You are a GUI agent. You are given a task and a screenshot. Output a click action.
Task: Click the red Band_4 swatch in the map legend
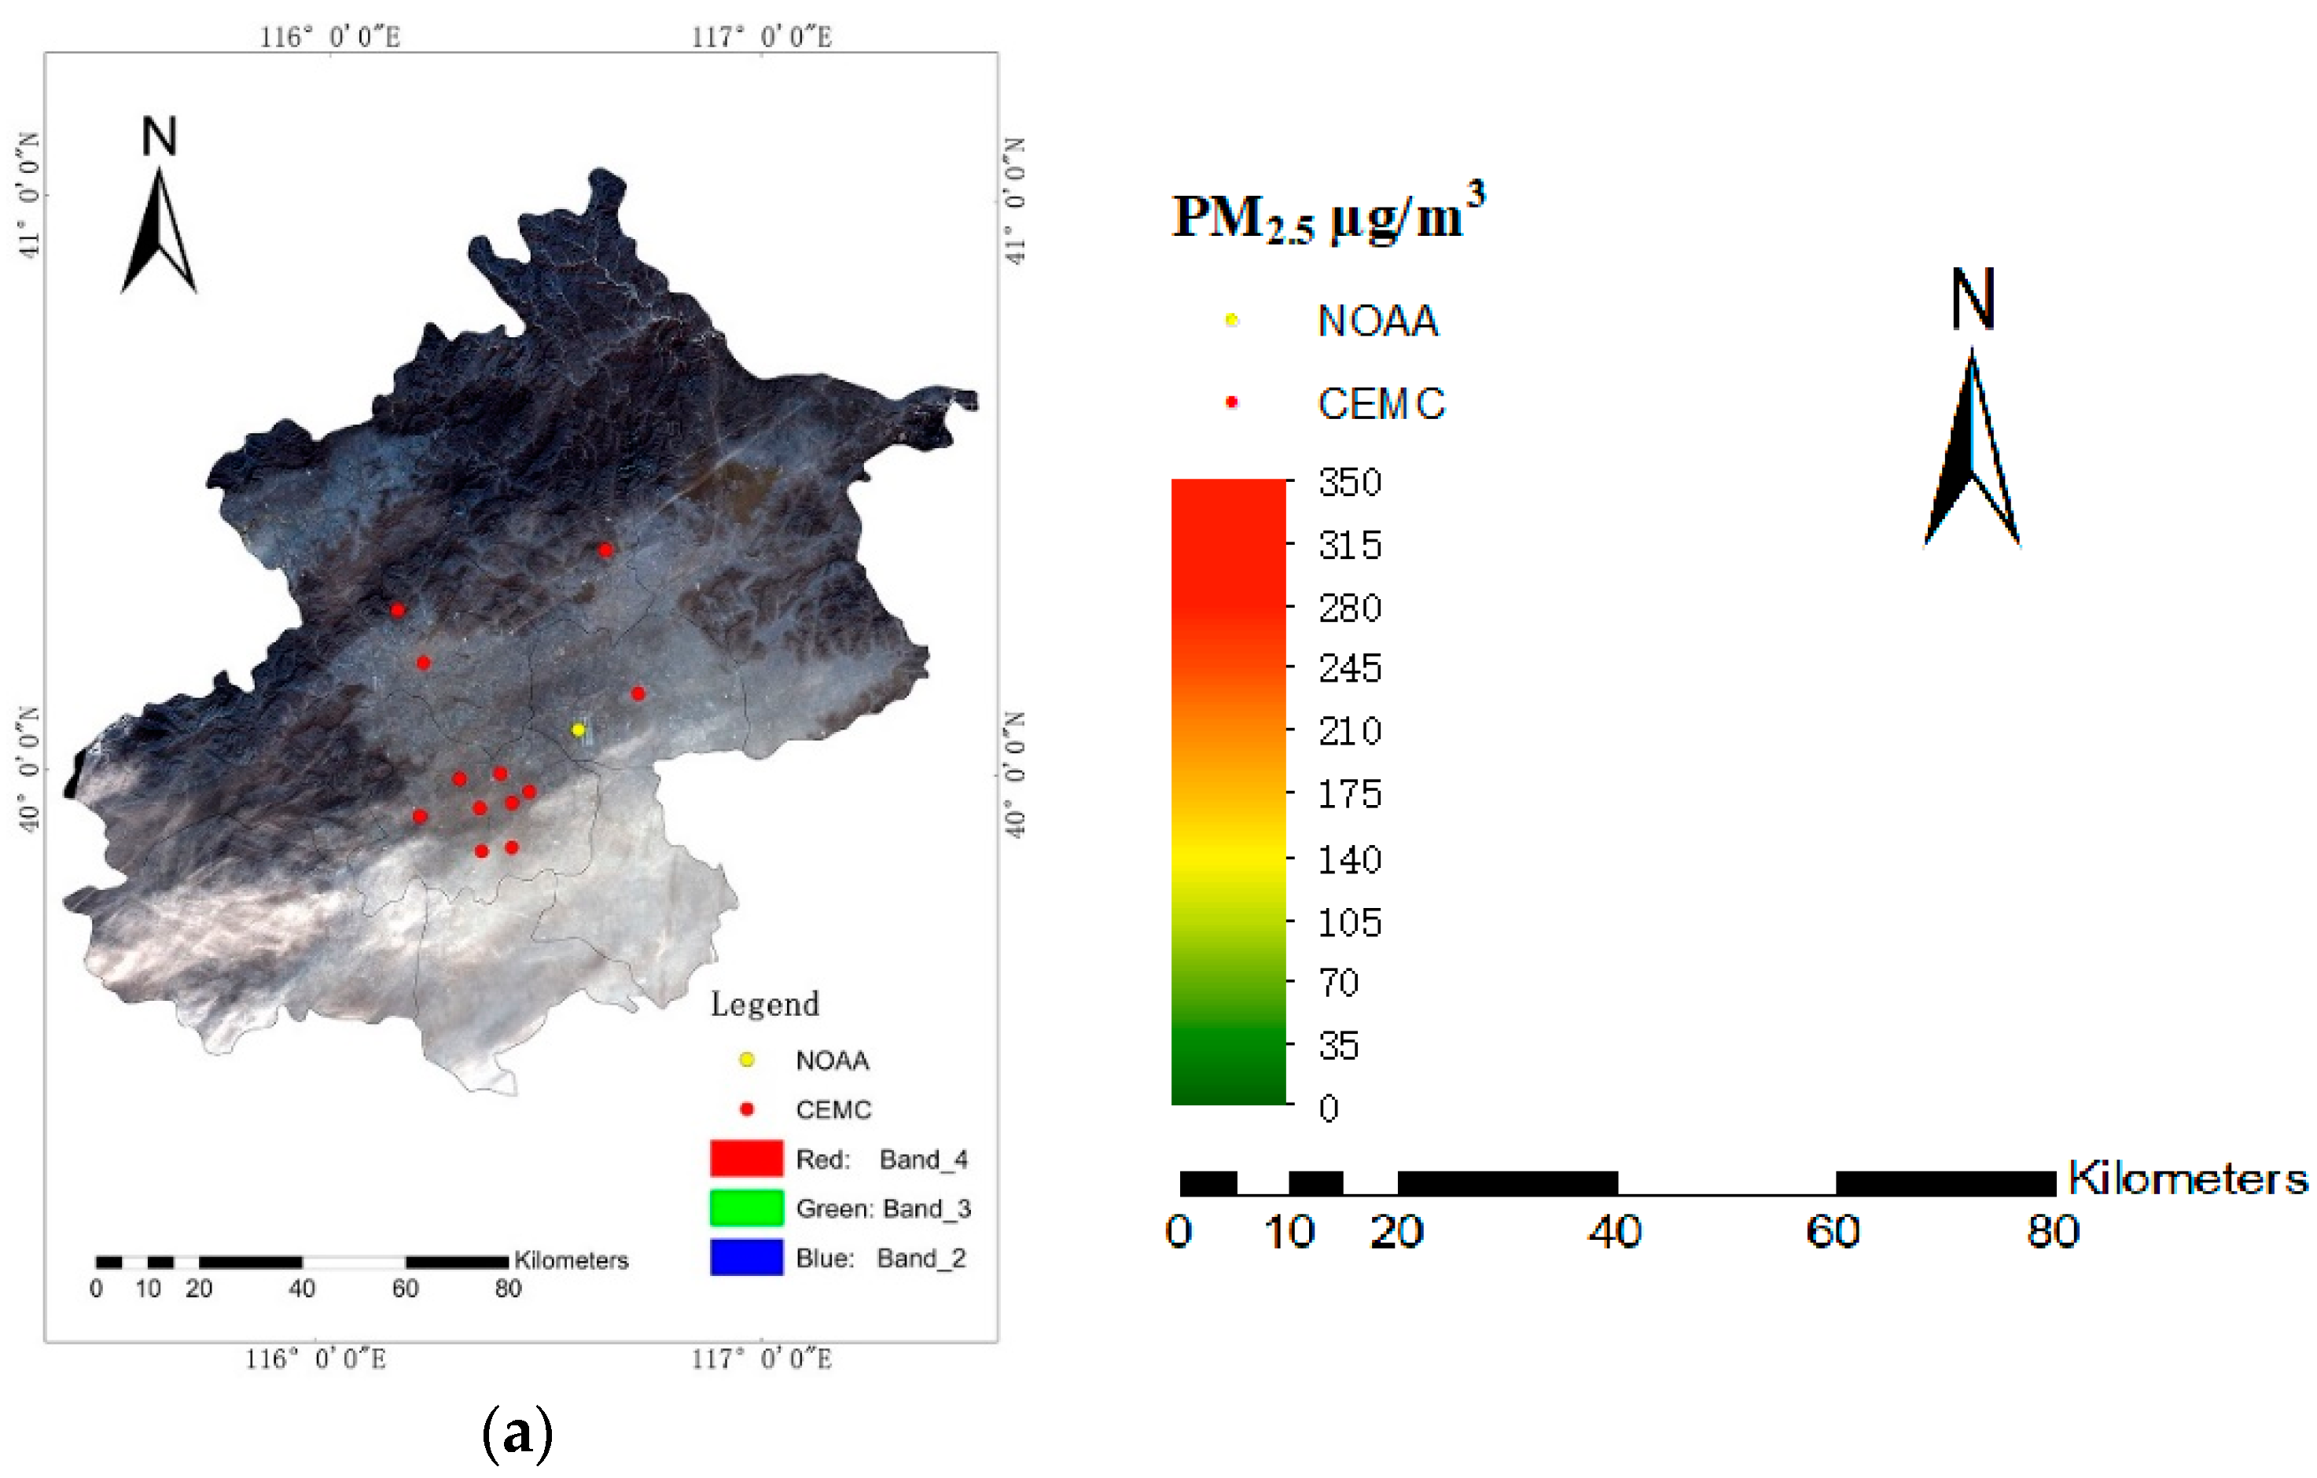point(745,1159)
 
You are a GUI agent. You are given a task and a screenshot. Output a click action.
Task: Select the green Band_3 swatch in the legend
point(745,1208)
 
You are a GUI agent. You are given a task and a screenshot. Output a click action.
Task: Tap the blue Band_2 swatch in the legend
point(745,1258)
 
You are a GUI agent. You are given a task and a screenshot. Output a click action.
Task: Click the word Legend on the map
point(765,1005)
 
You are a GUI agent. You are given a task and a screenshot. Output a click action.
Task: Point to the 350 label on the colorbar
point(1350,483)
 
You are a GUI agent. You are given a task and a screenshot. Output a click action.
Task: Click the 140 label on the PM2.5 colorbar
point(1350,860)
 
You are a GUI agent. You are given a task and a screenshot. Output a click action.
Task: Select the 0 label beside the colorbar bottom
point(1329,1108)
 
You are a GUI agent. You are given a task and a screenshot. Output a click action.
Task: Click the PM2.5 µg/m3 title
point(1328,215)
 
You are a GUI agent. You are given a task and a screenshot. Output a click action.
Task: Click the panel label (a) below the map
point(517,1432)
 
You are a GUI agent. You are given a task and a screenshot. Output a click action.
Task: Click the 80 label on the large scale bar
point(2052,1233)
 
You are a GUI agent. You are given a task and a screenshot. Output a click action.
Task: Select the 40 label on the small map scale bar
point(302,1289)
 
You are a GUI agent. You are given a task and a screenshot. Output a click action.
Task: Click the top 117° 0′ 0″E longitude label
point(762,37)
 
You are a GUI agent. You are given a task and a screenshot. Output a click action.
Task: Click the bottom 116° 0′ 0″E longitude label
point(315,1359)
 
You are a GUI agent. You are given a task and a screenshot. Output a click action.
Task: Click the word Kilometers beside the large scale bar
point(2186,1178)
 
